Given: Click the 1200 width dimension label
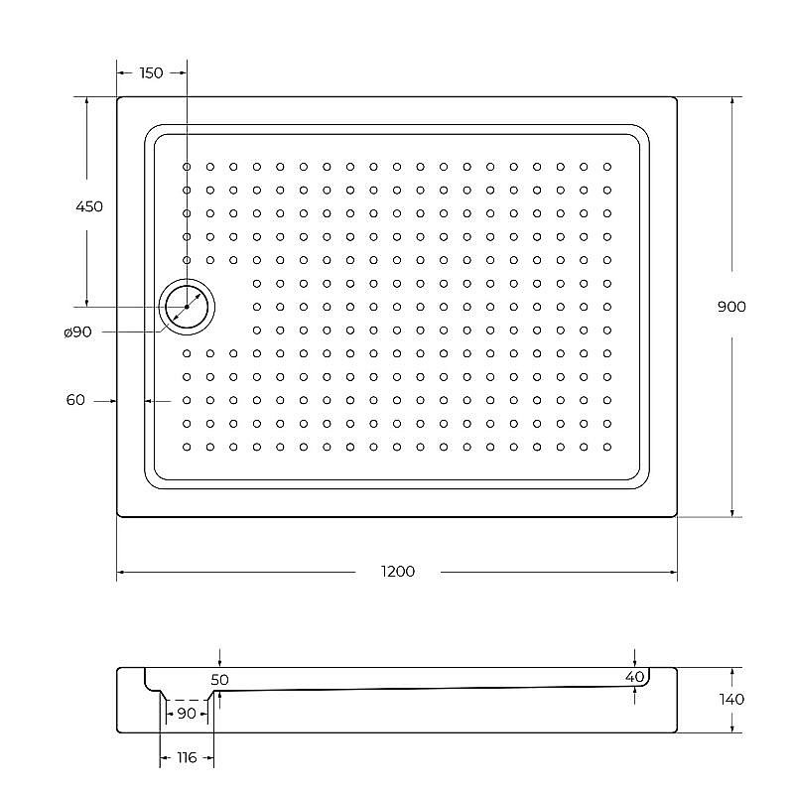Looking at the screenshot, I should (x=397, y=572).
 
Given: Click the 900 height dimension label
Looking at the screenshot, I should (x=731, y=306).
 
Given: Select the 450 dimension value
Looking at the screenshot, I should (x=88, y=206).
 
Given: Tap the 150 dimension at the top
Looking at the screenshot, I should (x=151, y=72).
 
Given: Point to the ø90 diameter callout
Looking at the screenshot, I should (x=77, y=332).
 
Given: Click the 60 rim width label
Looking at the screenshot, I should (x=75, y=400).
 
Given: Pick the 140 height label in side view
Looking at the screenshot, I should (x=731, y=699).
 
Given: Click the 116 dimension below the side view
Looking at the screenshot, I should (x=187, y=758).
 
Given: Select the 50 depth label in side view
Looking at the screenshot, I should (x=219, y=680).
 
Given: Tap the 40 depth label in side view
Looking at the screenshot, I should (x=635, y=677).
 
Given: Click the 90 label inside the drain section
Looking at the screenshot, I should (x=186, y=713).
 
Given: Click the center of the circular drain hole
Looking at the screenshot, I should (x=187, y=307).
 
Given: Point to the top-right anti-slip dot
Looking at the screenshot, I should (x=607, y=167).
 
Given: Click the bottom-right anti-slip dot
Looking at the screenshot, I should (x=607, y=447).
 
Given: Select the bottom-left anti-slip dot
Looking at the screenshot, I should (x=187, y=447).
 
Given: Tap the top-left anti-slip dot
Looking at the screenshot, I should (x=187, y=167).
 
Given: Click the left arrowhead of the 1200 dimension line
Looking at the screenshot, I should (x=121, y=573).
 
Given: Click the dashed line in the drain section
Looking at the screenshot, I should (x=186, y=700).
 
